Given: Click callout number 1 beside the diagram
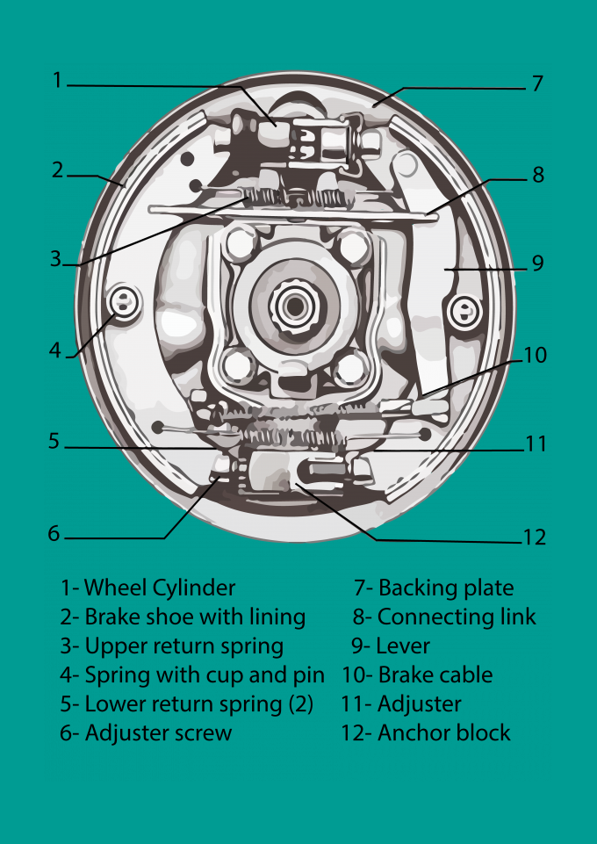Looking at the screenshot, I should (58, 80).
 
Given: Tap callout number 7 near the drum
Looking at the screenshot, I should (537, 84).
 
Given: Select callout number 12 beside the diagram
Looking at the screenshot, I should (534, 537).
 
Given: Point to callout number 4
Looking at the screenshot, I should (55, 350).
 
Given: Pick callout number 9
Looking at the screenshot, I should (537, 263).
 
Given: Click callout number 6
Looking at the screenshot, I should (54, 533).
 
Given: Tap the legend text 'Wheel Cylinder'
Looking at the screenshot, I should (159, 588).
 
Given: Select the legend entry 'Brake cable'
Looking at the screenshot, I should (429, 674).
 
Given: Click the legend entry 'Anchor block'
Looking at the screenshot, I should (443, 732).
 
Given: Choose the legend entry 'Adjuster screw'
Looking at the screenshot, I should (158, 733).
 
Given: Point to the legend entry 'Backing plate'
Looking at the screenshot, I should (446, 588).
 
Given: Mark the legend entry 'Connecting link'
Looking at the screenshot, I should (457, 617).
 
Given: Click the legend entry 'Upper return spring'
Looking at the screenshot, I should (183, 646).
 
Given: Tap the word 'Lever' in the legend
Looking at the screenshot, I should (402, 646).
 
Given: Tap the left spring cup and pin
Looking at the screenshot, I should (124, 304).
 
